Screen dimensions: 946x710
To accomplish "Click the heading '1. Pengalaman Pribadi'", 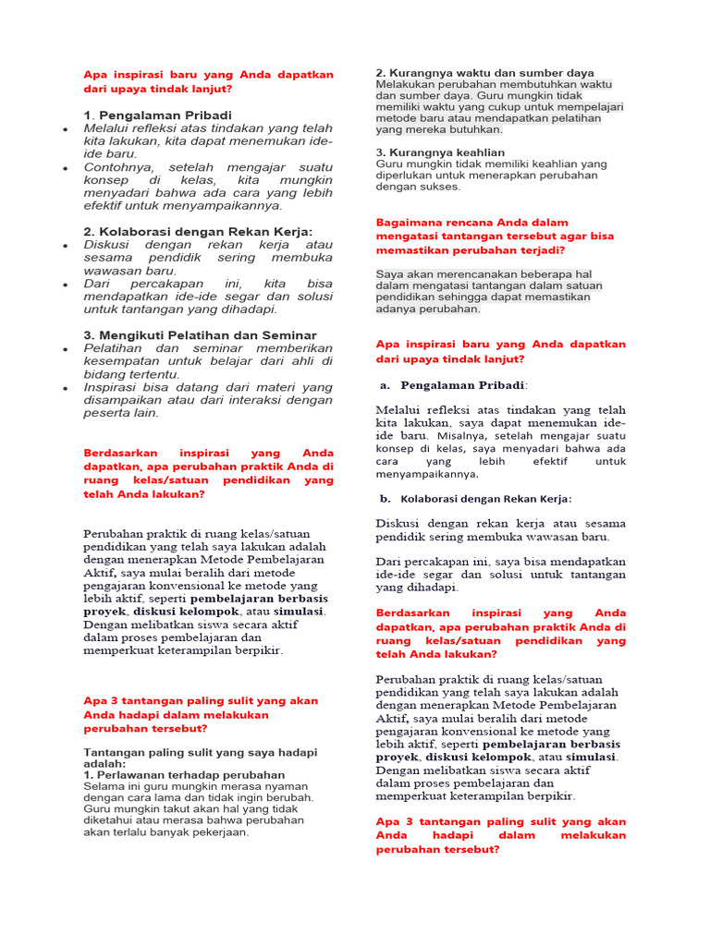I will point(157,115).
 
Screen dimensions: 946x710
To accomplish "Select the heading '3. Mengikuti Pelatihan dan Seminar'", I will point(200,334).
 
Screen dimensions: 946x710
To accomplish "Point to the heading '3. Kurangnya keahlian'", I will point(440,152).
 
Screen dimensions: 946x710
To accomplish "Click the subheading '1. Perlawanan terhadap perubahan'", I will point(184,774).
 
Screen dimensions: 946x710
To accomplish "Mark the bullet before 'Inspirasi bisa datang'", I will point(65,389).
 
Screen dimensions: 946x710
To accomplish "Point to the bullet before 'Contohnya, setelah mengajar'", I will point(65,169).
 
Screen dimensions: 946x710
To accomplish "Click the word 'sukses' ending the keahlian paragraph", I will point(439,186).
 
